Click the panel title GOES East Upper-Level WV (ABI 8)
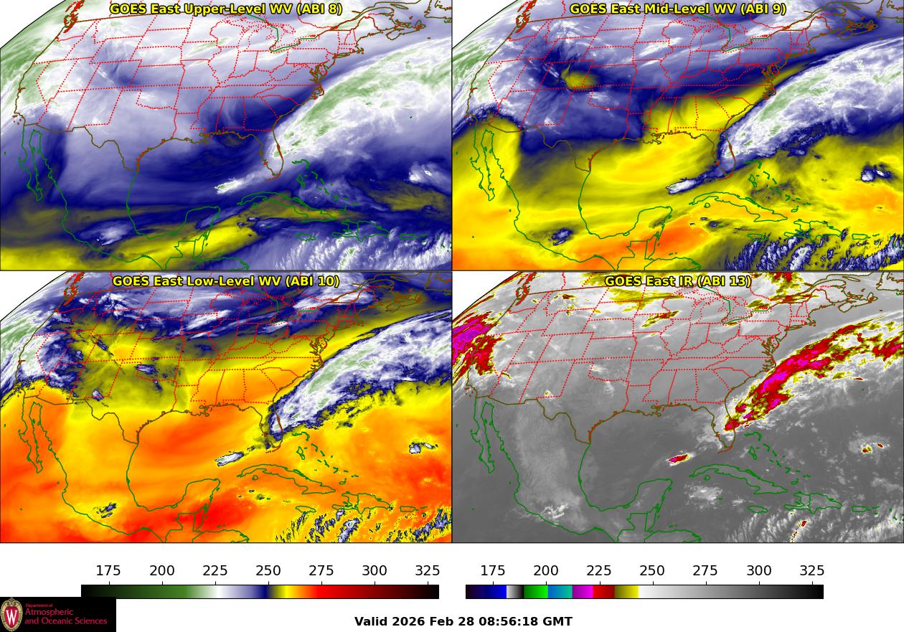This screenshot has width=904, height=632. pos(226,9)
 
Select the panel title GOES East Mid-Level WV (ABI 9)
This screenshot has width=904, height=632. pos(678,9)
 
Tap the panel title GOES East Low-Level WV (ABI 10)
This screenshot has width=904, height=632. pos(226,281)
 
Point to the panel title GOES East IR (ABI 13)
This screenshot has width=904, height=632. pos(678,281)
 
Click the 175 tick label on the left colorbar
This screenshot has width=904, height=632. pos(108,571)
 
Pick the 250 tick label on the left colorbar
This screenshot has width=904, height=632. pos(268,571)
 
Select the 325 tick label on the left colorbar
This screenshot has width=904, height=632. pos(428,571)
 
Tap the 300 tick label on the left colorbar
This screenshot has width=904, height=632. pos(375,571)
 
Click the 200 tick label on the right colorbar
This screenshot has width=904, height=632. pos(546,571)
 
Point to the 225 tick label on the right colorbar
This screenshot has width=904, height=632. pos(599,571)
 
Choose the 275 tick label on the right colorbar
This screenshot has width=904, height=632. pos(705,571)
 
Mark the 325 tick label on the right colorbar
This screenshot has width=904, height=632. pos(812,571)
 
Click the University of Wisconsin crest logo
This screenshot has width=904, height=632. pos(11,615)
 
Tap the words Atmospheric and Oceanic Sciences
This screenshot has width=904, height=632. pos(65,616)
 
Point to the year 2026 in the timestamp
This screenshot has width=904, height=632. pos(409,621)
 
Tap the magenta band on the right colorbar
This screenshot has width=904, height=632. pos(583,592)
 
